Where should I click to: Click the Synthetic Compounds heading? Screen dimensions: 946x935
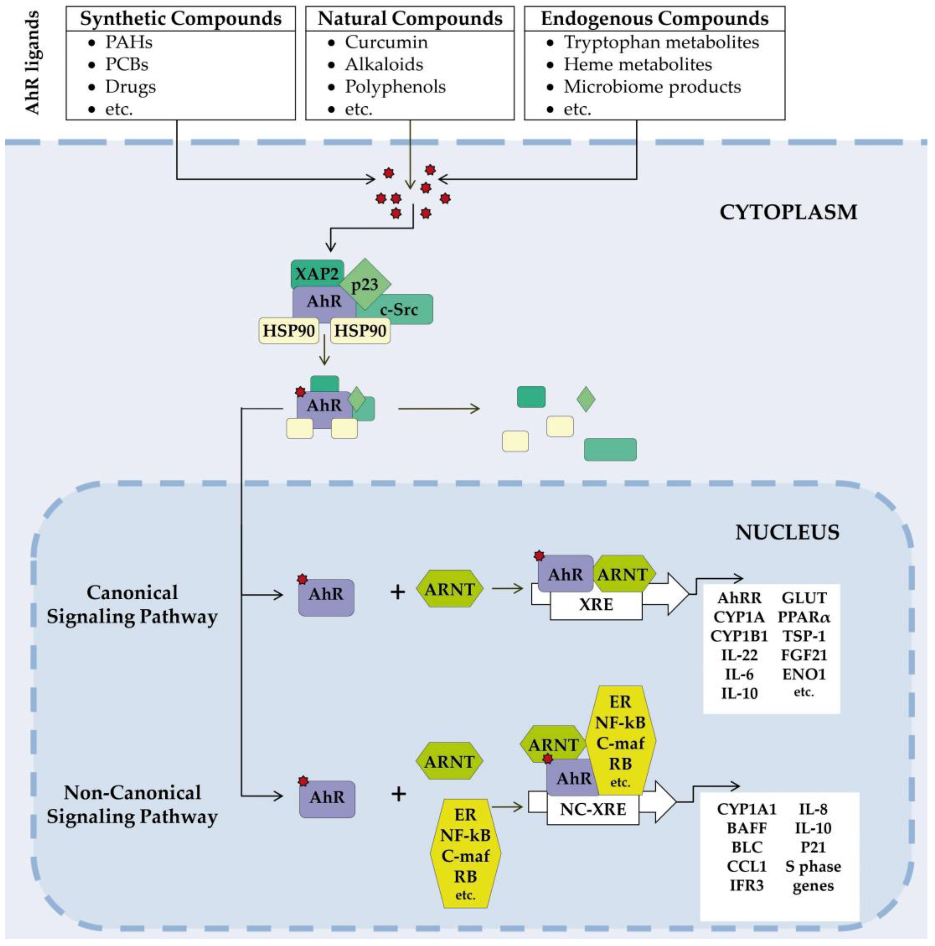click(x=181, y=19)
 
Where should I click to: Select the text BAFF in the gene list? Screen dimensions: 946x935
click(x=746, y=828)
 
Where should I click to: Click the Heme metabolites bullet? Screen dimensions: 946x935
click(x=637, y=65)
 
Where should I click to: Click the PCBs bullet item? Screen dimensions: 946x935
click(x=126, y=65)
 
